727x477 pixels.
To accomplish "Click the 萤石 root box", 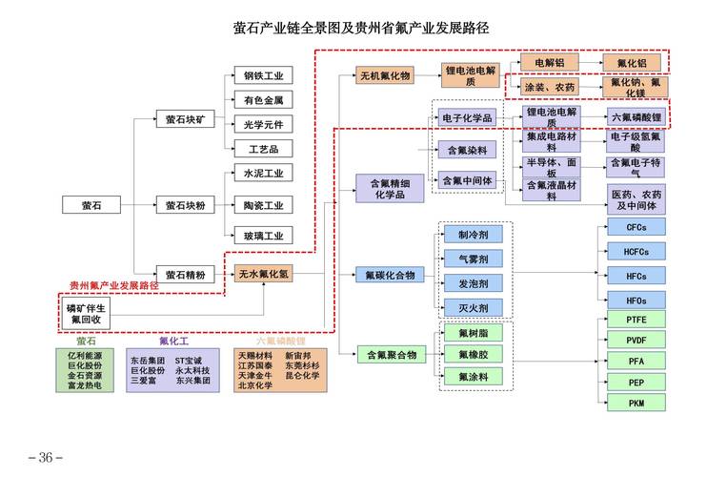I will (91, 205).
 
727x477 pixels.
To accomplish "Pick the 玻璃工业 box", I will (263, 235).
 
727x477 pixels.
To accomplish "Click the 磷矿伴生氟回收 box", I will (88, 314).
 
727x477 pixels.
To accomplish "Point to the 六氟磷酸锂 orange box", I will (636, 116).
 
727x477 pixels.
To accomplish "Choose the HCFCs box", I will (636, 252).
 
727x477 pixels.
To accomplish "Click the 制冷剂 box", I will (473, 234).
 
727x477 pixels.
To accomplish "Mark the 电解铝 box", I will (550, 63).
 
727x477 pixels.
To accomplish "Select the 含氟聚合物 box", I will (392, 355).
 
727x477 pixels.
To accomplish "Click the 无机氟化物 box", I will (384, 74).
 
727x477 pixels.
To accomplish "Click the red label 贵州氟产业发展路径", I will (114, 285).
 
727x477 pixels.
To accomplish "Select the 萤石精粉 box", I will (185, 275).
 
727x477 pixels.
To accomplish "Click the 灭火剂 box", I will (473, 307).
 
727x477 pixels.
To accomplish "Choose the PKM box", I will (636, 404).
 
